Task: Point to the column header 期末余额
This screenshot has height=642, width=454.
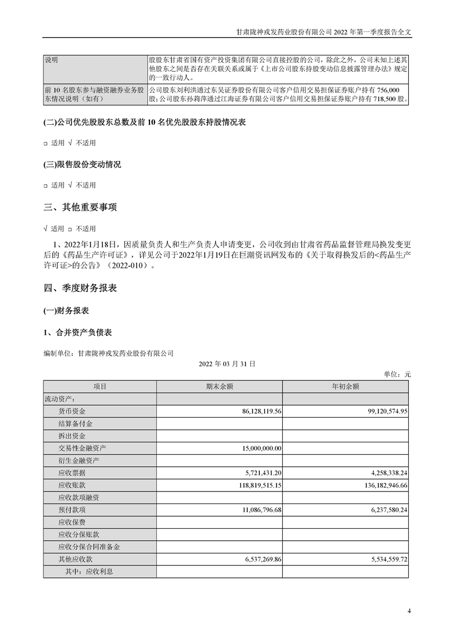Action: click(219, 387)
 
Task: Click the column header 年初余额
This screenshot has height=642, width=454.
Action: click(345, 387)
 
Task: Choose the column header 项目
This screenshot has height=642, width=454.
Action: click(100, 387)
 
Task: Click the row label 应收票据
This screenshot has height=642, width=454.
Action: click(72, 473)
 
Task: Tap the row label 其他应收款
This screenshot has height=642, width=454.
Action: click(76, 559)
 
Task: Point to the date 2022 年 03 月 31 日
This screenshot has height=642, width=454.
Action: click(227, 363)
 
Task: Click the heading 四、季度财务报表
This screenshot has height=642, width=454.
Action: click(80, 288)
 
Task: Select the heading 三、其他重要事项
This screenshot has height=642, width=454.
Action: click(80, 207)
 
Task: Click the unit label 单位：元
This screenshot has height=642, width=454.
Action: click(397, 374)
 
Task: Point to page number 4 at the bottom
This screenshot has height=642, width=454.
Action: click(409, 611)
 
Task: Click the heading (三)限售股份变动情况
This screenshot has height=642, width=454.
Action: click(82, 165)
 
